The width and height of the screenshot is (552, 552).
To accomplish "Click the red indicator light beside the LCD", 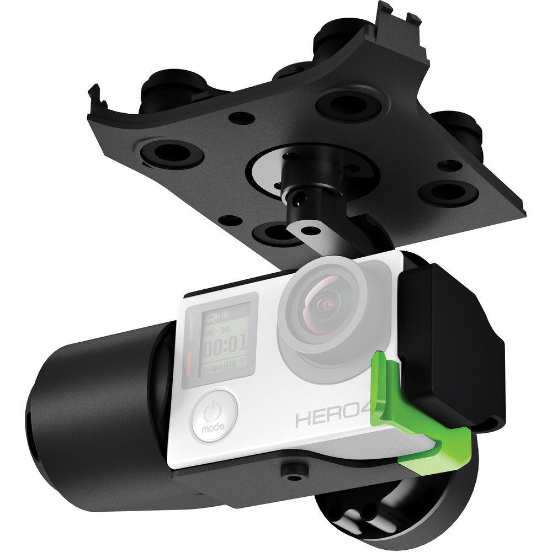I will point(190,365).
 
